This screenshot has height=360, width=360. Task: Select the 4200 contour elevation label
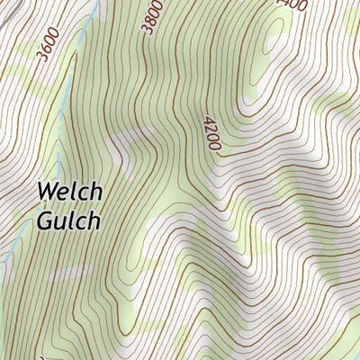pos(212,132)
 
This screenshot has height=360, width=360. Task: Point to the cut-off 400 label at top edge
pos(292,4)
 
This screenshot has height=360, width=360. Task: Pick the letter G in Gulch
pos(46,220)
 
